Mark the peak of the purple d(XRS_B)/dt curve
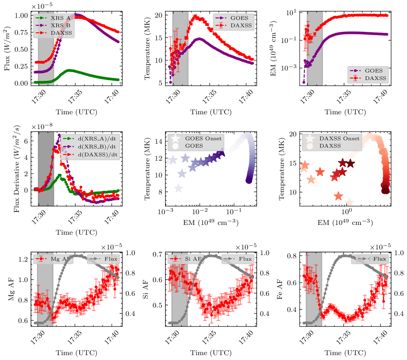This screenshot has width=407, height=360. [x=59, y=135]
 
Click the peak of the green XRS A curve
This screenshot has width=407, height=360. [x=69, y=70]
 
